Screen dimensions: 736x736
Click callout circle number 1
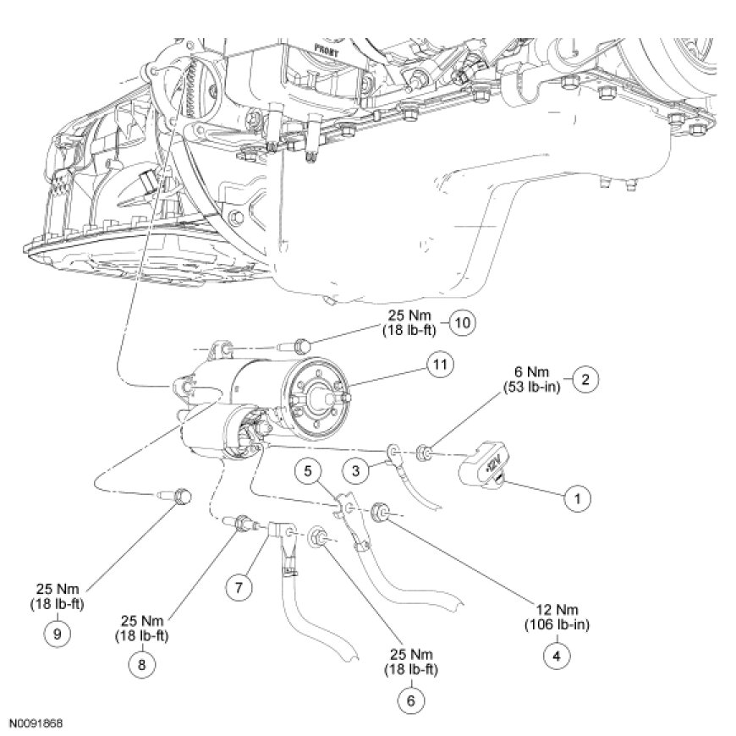[x=578, y=498]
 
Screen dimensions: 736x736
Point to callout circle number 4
[x=556, y=654]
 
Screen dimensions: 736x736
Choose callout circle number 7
[x=239, y=586]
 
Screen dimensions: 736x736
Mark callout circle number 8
[x=142, y=664]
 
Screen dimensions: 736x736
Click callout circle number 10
[x=461, y=323]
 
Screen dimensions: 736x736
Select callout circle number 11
[x=438, y=365]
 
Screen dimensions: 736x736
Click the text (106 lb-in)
[x=556, y=625]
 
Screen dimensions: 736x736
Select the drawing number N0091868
[x=36, y=724]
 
